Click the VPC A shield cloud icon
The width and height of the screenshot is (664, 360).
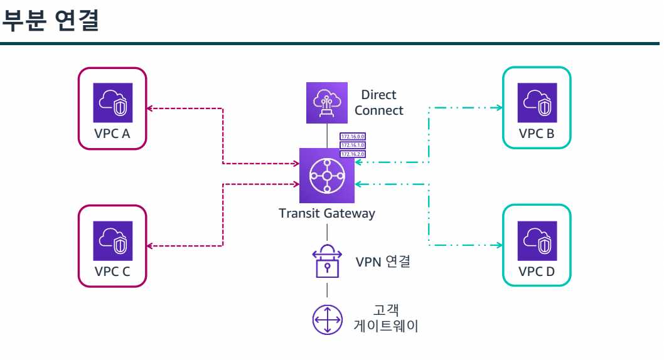pyautogui.click(x=112, y=103)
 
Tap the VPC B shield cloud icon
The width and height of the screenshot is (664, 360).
pyautogui.click(x=537, y=103)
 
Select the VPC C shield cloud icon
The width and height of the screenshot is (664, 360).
pyautogui.click(x=112, y=241)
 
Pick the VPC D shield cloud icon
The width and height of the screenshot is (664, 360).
pyautogui.click(x=537, y=241)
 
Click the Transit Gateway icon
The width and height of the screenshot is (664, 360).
pyautogui.click(x=326, y=176)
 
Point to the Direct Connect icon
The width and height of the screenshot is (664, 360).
pyautogui.click(x=326, y=103)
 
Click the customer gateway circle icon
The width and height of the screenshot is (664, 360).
pyautogui.click(x=326, y=319)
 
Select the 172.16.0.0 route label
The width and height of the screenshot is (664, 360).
pyautogui.click(x=353, y=136)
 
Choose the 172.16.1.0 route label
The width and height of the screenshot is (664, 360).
pyautogui.click(x=353, y=145)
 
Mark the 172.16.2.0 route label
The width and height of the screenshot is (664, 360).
pyautogui.click(x=353, y=153)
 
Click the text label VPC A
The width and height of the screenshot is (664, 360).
pyautogui.click(x=112, y=134)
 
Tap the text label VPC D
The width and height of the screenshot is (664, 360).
pyautogui.click(x=537, y=272)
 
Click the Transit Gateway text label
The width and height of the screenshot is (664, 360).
pyautogui.click(x=326, y=213)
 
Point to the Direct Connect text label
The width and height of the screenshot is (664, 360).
pyautogui.click(x=379, y=103)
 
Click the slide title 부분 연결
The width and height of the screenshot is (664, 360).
pyautogui.click(x=51, y=21)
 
